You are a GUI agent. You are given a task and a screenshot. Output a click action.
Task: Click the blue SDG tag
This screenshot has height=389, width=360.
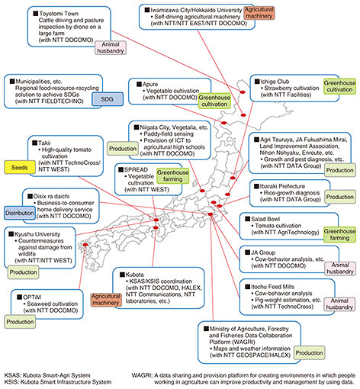(108, 99)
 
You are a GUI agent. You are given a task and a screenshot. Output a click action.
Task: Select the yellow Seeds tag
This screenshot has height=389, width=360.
(20, 167)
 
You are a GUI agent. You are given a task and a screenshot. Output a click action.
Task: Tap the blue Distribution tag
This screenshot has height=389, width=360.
(20, 213)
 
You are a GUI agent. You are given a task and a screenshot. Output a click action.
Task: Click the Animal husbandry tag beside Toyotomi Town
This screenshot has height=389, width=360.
(111, 47)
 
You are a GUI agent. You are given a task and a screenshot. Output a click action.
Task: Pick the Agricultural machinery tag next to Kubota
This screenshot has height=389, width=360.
(105, 300)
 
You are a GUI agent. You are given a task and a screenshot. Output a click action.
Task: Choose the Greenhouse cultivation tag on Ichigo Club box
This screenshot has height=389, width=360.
(339, 86)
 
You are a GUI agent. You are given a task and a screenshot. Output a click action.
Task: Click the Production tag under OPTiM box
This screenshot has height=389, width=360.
(20, 322)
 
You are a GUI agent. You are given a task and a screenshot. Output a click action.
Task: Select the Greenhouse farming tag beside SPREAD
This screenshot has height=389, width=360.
(173, 175)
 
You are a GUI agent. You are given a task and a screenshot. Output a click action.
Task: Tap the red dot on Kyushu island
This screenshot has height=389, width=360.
(85, 245)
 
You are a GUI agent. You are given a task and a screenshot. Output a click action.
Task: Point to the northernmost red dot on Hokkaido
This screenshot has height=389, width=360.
(243, 92)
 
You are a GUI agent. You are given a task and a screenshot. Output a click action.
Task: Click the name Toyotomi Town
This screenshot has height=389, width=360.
(59, 14)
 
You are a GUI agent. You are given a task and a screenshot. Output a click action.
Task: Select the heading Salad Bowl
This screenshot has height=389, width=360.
(265, 219)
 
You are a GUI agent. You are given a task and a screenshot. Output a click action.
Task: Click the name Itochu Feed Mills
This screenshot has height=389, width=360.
(272, 287)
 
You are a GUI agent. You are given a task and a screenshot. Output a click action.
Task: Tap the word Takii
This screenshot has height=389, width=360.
(44, 143)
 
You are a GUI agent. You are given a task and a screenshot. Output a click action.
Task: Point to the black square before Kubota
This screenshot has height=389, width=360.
(122, 275)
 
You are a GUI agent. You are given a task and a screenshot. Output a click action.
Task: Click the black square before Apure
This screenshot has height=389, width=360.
(139, 84)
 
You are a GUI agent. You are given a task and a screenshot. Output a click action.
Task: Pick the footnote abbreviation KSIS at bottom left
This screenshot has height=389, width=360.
(11, 382)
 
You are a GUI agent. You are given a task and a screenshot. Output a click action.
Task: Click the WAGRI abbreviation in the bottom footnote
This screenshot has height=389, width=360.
(141, 375)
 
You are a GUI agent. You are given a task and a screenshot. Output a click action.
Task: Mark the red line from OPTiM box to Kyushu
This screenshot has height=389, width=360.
(82, 267)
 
